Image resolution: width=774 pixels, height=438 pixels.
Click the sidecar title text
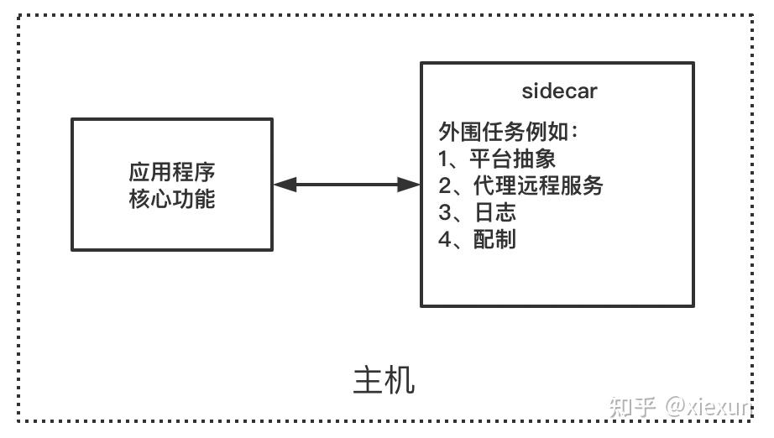tap(559, 91)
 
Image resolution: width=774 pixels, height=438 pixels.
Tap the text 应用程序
tap(172, 173)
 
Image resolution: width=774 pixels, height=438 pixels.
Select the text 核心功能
tap(172, 199)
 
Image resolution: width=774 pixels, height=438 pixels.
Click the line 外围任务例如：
tap(509, 133)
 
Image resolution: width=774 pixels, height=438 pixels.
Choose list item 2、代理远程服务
tap(520, 185)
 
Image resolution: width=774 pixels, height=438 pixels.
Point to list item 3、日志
tap(477, 212)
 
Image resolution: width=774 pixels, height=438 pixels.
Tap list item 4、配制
tap(477, 239)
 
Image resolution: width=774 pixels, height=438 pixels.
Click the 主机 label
tap(384, 380)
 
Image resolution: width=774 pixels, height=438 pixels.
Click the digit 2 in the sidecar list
tap(445, 185)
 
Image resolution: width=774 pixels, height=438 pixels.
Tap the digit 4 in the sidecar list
tap(445, 239)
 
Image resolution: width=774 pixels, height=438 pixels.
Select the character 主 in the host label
tap(368, 380)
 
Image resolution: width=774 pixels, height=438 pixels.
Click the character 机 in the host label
tap(400, 380)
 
